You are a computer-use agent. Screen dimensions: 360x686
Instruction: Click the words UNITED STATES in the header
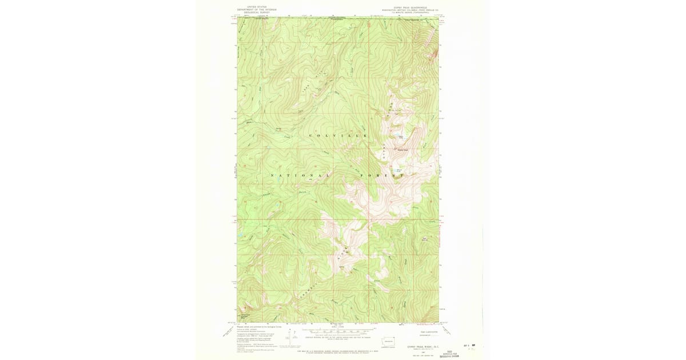coord(253,7)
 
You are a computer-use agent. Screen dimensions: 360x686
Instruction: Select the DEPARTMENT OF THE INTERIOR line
coord(253,10)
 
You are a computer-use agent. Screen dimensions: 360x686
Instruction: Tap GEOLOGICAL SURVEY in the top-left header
coord(253,13)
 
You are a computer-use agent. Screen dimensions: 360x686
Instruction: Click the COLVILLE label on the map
coord(337,135)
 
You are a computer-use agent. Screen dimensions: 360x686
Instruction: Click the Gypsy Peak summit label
coord(402,150)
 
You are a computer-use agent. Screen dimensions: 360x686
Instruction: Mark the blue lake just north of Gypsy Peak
coord(393,135)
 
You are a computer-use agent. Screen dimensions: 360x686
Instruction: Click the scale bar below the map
coord(338,330)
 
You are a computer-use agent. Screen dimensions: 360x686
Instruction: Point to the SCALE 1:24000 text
coord(338,326)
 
